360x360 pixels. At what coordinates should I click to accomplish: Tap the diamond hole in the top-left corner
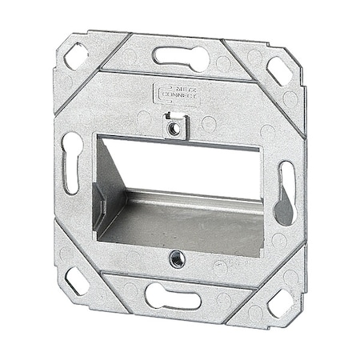(77, 55)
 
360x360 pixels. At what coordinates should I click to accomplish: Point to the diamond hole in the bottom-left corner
(77, 280)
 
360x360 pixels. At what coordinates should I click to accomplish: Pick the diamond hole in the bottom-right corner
(281, 302)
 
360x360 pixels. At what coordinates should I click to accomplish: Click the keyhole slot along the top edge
(181, 58)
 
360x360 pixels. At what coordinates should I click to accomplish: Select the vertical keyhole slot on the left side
(72, 162)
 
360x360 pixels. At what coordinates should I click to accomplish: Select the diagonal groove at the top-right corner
(240, 62)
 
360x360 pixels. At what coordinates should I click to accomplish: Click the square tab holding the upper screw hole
(170, 125)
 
